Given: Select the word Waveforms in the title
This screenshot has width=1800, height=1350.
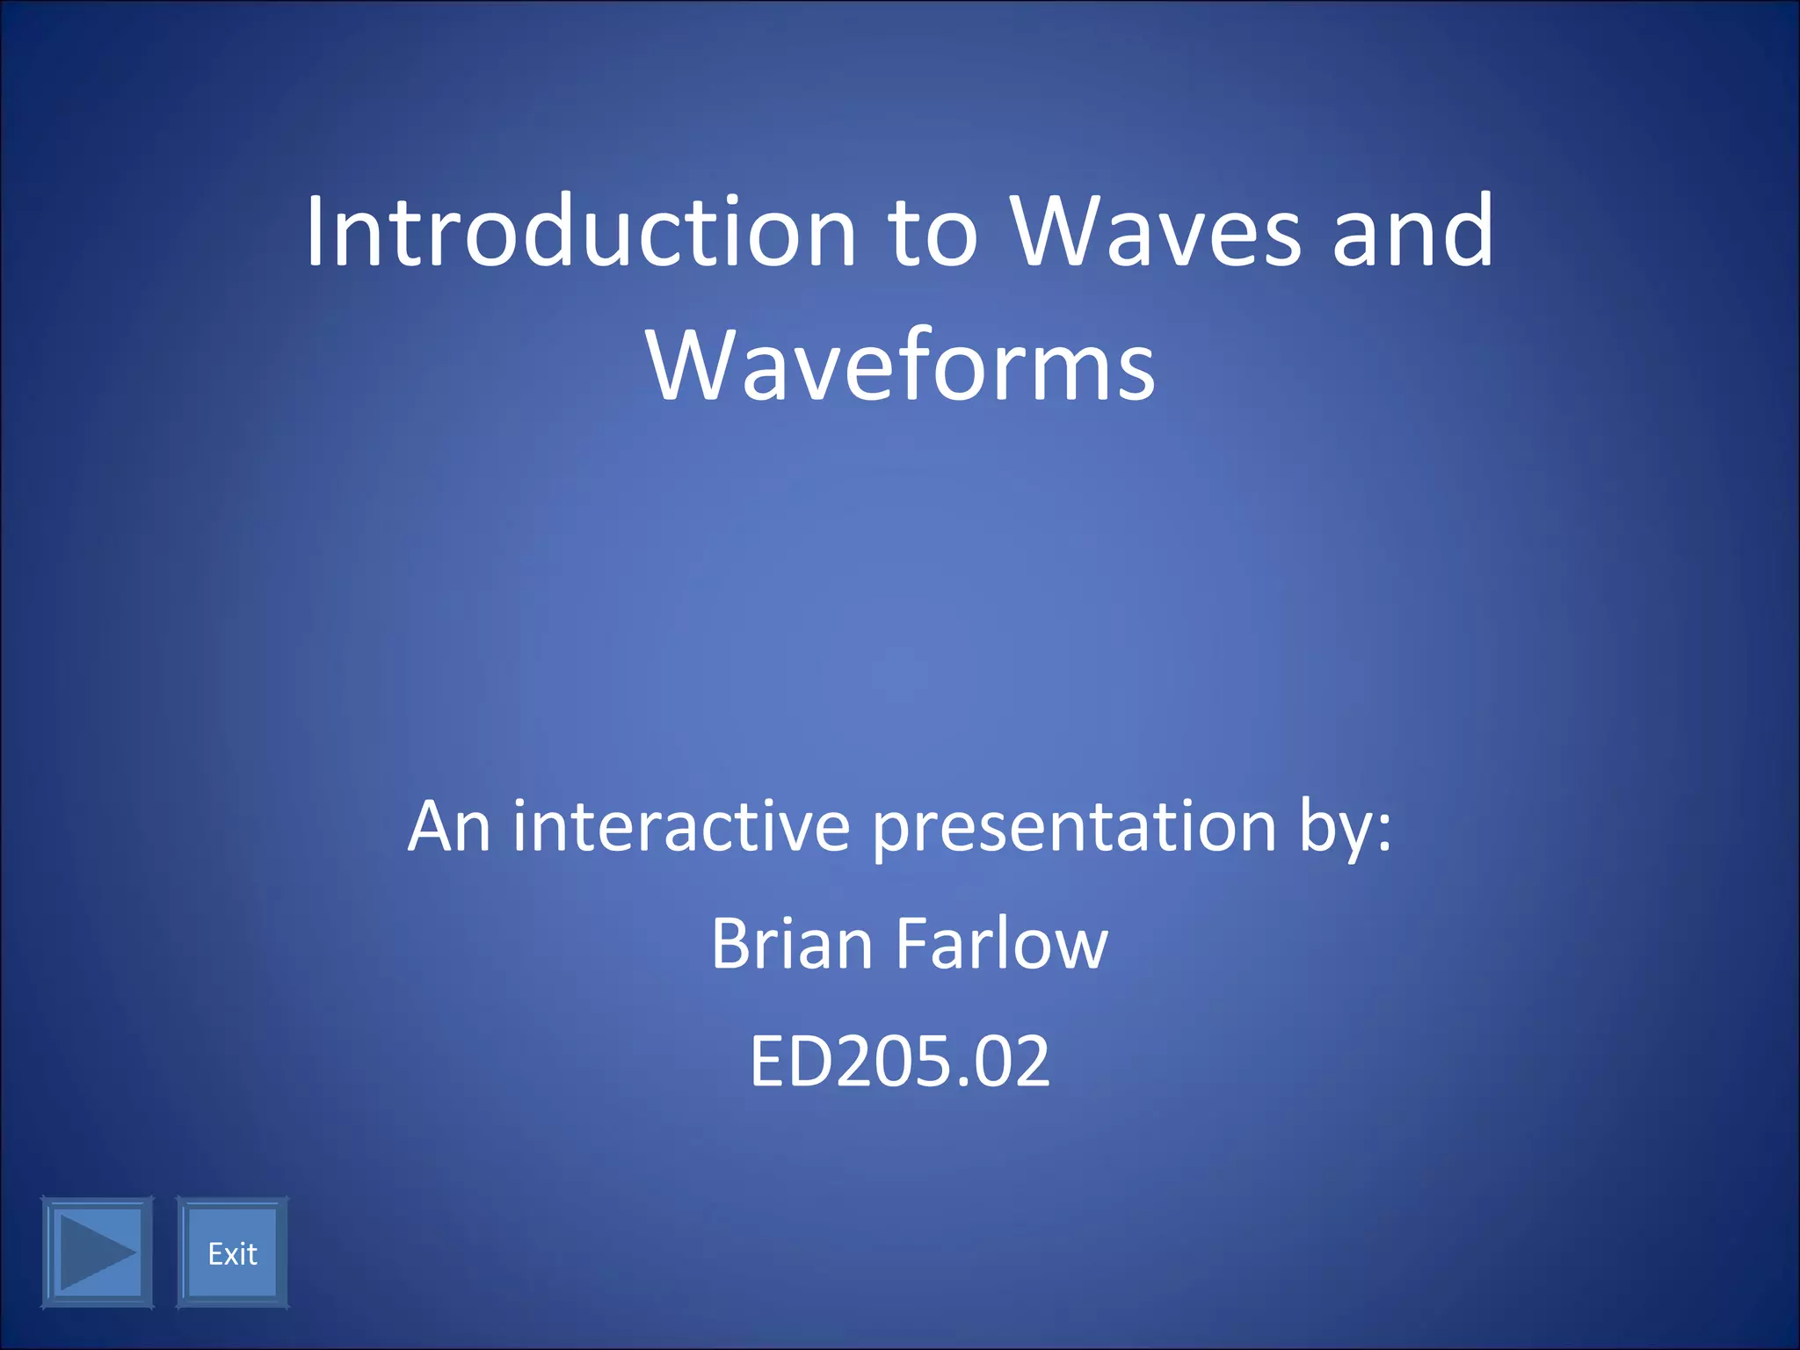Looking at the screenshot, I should [x=900, y=366].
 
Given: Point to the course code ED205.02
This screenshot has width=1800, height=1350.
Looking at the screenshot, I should [x=900, y=1061].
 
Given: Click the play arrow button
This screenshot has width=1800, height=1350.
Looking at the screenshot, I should [x=97, y=1252].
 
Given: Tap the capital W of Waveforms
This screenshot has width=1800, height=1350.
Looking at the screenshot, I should [x=691, y=366].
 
